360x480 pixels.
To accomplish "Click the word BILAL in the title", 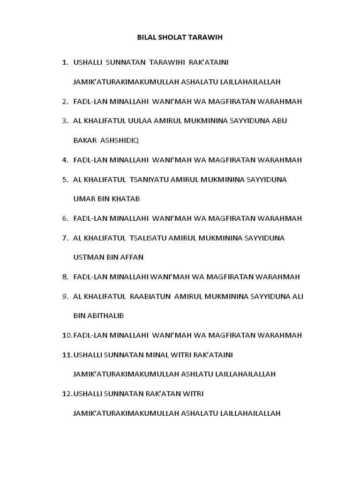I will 148,37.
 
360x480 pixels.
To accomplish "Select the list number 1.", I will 64,62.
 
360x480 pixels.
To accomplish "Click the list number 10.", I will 67,335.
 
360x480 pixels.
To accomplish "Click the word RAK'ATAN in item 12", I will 160,394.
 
